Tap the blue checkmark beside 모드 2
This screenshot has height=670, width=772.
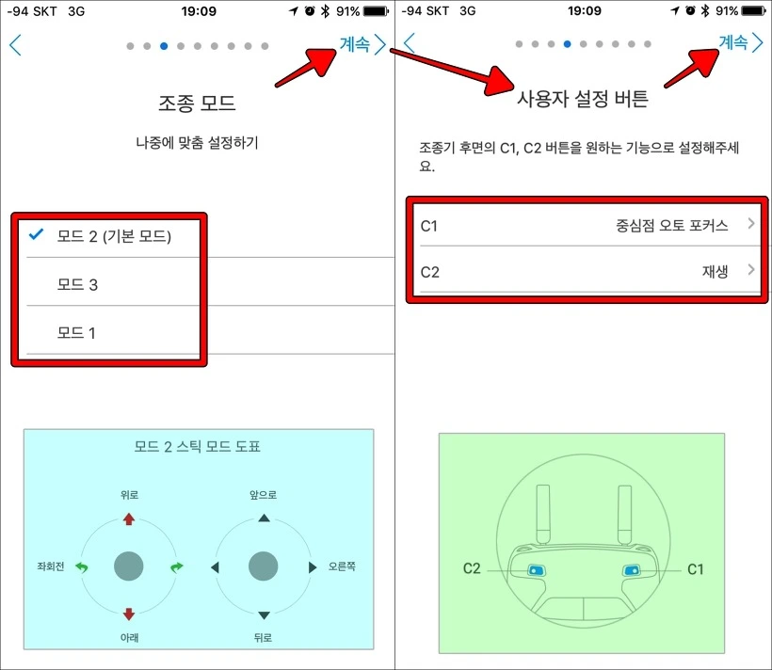[x=36, y=234]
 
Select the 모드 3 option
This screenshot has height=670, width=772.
[x=77, y=284]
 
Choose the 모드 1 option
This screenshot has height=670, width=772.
[x=76, y=333]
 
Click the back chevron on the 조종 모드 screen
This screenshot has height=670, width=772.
[x=15, y=45]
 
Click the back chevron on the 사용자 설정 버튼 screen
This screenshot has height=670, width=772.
[x=410, y=43]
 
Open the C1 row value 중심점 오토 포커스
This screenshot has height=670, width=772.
[x=671, y=226]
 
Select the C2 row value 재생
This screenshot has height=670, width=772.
[x=715, y=271]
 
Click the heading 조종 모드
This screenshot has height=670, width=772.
[x=197, y=103]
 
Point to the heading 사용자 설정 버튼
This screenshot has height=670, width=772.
[x=583, y=99]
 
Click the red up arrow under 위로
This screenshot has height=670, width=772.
[x=128, y=518]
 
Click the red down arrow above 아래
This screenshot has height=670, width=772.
[x=128, y=614]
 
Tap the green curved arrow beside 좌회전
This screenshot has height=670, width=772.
[x=81, y=567]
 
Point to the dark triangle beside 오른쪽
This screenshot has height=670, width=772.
[x=313, y=567]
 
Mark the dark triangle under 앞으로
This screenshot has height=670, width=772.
[x=264, y=518]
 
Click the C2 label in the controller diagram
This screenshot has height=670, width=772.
[x=472, y=568]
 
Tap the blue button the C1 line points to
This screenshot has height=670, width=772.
[x=631, y=570]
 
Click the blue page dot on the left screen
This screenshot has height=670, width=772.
[x=164, y=46]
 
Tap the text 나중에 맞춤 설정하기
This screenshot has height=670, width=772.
[x=197, y=143]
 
